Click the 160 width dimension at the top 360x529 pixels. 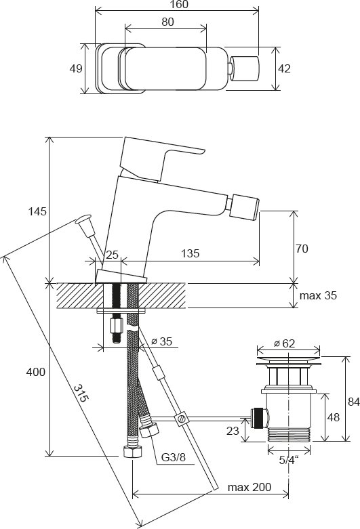[176, 5]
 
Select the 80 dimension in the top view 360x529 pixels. [167, 22]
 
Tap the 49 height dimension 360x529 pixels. [75, 68]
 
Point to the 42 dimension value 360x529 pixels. [285, 68]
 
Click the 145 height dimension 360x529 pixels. [38, 211]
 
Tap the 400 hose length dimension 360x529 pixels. [36, 372]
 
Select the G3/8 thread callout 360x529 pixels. [174, 455]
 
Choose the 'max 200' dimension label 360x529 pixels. [248, 488]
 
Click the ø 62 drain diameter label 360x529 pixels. [285, 343]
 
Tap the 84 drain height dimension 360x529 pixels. [353, 402]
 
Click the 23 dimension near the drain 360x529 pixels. [232, 429]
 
